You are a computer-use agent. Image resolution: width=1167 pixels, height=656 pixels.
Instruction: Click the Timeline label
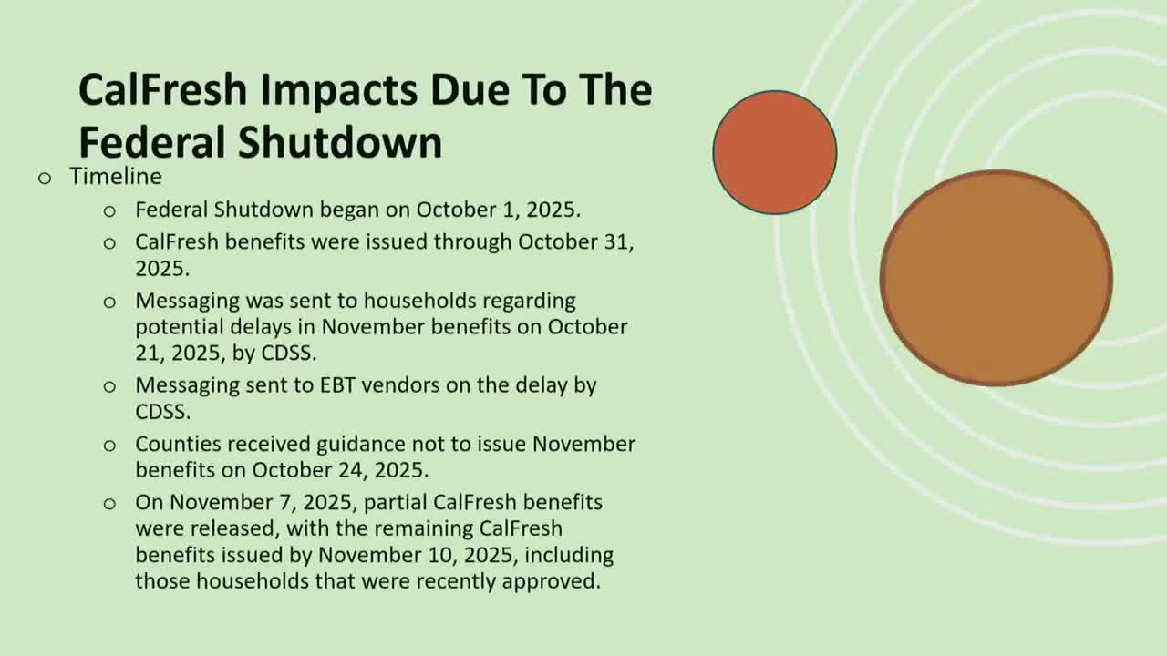[116, 176]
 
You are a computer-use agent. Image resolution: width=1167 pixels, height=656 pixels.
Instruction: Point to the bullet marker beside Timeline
[45, 178]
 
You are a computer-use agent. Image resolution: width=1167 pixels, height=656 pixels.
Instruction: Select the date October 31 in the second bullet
[575, 242]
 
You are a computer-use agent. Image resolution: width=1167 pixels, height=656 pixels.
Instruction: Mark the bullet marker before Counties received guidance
[110, 446]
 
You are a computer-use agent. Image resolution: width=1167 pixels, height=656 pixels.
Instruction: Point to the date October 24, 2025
[340, 470]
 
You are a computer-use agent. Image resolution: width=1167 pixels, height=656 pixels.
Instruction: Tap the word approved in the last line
[555, 580]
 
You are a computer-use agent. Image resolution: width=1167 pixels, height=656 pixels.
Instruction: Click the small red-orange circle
[774, 152]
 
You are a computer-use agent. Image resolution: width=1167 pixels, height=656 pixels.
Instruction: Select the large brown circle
[996, 278]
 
